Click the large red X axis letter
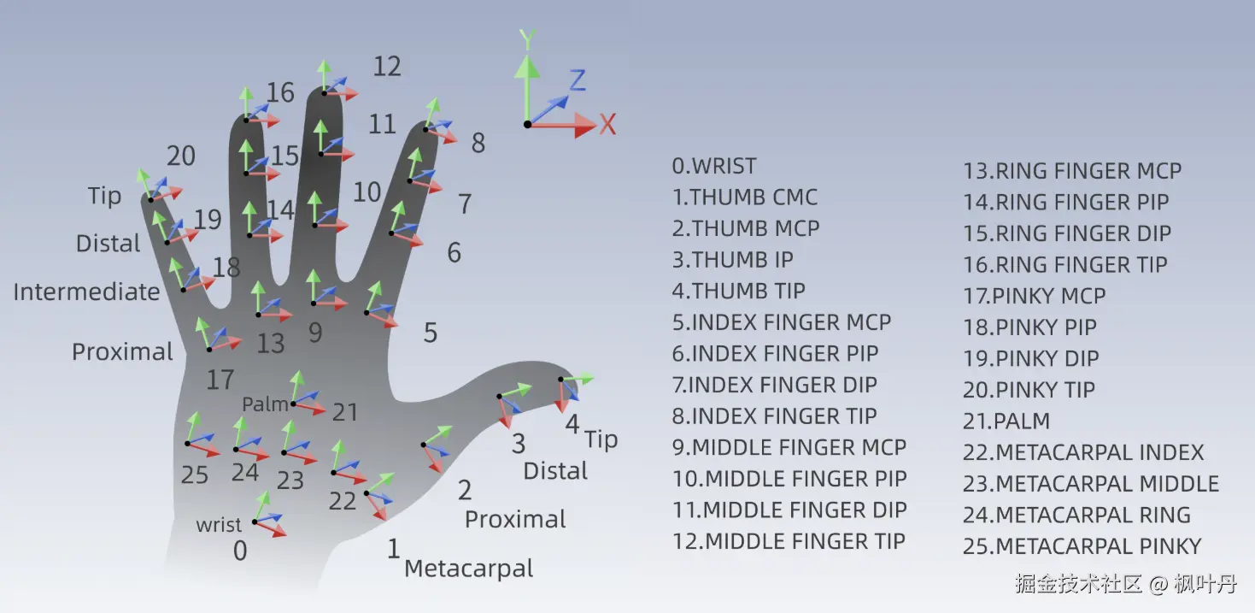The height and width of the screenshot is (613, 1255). [x=607, y=125]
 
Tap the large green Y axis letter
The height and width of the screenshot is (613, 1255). [x=528, y=39]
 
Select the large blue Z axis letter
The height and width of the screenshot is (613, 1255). [x=578, y=81]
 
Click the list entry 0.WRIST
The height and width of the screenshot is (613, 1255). [x=714, y=165]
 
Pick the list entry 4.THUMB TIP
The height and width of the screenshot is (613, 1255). [x=738, y=291]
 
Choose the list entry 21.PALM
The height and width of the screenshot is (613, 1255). [x=1006, y=421]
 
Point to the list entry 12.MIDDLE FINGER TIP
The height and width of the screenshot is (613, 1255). [x=789, y=541]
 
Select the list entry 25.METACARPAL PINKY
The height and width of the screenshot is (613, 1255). [x=1082, y=546]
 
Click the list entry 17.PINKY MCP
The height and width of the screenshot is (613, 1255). [x=1035, y=296]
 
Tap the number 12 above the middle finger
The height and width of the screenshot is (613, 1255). [x=387, y=66]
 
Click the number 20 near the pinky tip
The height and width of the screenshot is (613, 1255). [x=181, y=156]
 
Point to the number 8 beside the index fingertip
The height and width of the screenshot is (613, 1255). [x=478, y=143]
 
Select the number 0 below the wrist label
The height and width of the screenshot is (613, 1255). [x=240, y=551]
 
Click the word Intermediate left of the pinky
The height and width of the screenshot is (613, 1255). [x=86, y=292]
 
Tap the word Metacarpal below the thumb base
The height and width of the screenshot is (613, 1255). [x=468, y=569]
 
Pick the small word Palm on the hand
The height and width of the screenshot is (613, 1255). [x=265, y=404]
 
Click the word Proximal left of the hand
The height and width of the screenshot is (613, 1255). [x=122, y=351]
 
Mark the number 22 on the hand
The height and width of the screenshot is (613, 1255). [x=343, y=500]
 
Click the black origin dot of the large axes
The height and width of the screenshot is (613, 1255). [x=528, y=125]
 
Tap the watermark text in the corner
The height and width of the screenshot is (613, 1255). [x=1126, y=585]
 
